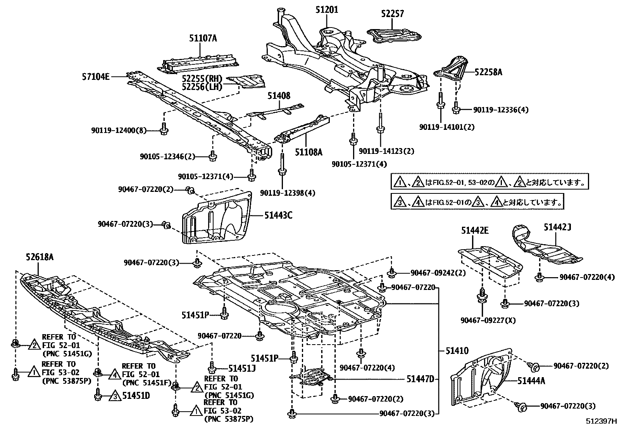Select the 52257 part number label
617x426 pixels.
tap(392, 14)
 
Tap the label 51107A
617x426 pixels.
tap(203, 38)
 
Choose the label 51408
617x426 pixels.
tap(279, 96)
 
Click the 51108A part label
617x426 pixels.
tap(308, 152)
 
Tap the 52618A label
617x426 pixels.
tap(40, 257)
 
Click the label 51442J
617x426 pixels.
tap(557, 227)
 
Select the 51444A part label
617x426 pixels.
tap(531, 381)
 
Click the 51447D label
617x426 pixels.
tap(420, 379)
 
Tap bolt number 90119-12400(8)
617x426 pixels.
tap(119, 131)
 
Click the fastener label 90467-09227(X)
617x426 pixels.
tap(483, 321)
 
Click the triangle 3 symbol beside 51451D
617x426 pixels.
tap(115, 396)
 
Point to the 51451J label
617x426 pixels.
tap(242, 369)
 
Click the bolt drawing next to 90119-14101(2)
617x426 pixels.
tap(441, 103)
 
